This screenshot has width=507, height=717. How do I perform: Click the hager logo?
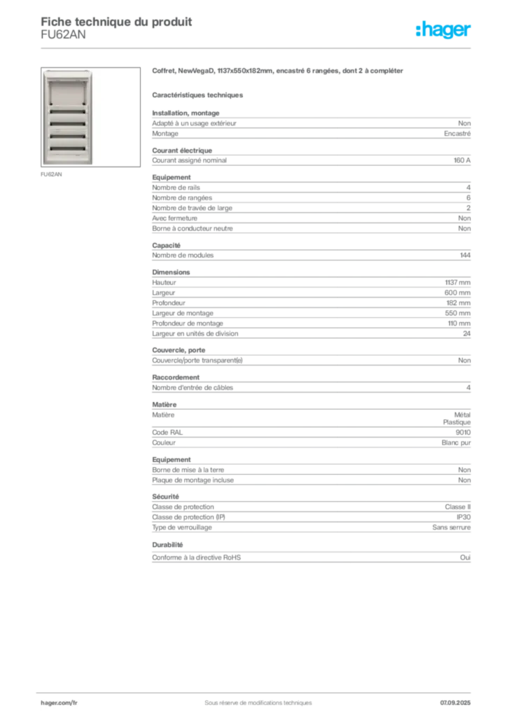443,29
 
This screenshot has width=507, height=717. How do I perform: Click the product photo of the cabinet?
68,117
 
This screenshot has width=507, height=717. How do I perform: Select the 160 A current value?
461,160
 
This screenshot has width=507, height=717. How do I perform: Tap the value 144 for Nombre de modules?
465,255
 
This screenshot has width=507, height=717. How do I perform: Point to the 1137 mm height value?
457,283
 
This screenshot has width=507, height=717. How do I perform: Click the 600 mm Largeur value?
457,293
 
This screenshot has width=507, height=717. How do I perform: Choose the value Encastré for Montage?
457,134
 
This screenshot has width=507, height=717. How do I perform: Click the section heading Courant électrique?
182,151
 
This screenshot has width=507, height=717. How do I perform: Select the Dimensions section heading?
171,272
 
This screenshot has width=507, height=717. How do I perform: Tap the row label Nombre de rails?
176,188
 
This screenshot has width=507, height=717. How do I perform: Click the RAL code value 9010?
463,432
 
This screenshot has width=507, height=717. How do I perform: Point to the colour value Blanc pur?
456,443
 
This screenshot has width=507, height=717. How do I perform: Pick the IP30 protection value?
464,517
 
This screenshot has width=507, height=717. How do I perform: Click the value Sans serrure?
451,527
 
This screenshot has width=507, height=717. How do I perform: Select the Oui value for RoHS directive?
466,557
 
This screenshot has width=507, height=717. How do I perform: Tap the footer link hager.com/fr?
59,703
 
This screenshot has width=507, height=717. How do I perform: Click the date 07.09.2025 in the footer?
455,703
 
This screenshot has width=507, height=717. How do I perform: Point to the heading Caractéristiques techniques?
197,95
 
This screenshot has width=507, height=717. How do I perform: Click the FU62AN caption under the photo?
51,174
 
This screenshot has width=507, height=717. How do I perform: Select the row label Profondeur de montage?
188,323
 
